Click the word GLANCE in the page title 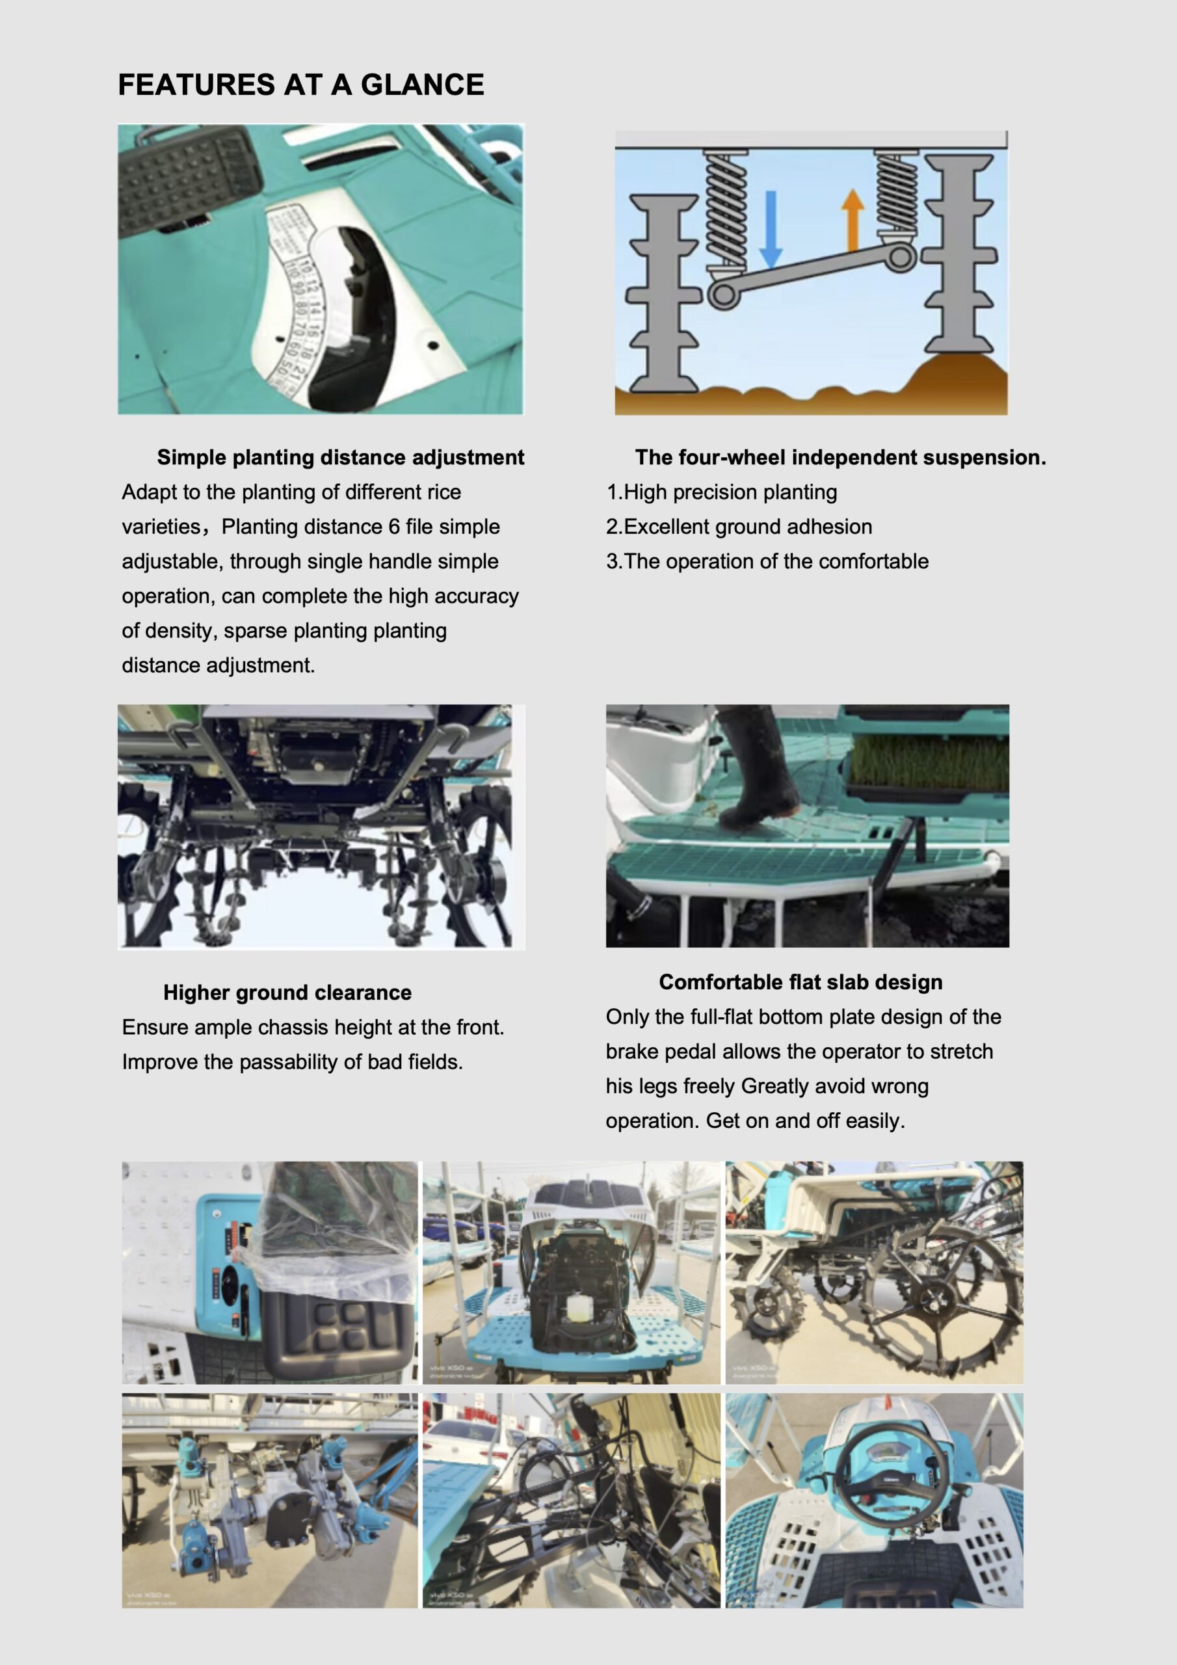coord(422,85)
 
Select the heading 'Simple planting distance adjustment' coord(340,458)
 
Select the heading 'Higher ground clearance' coord(287,992)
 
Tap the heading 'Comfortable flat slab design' coord(800,982)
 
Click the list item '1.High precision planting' coord(722,492)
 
